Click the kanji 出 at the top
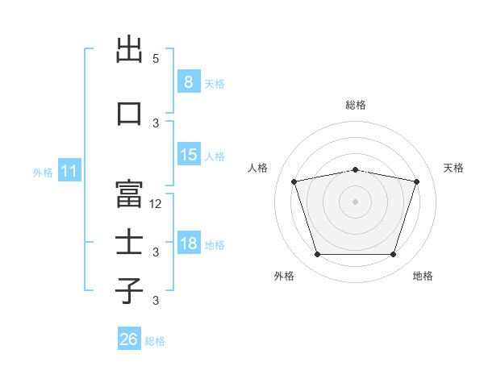(129, 49)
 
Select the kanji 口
(129, 114)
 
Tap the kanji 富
(129, 194)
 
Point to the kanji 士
(129, 241)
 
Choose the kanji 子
(129, 291)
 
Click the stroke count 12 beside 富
(155, 204)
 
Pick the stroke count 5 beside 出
(156, 59)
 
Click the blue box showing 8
(189, 81)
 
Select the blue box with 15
(189, 154)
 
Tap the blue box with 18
(189, 242)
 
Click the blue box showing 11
(69, 170)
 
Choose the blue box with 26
(129, 338)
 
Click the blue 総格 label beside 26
(155, 341)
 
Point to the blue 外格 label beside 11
(43, 173)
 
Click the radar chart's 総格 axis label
(356, 105)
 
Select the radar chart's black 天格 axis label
(453, 168)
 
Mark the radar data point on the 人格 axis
(294, 181)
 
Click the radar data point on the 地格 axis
(394, 254)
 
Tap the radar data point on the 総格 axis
(355, 170)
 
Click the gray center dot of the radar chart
(355, 202)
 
